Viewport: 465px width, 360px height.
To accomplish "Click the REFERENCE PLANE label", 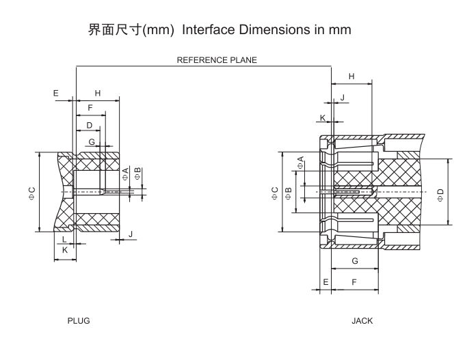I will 217,60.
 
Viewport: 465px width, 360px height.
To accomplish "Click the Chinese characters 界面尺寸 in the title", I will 114,30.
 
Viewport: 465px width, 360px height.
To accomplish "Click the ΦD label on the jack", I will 440,195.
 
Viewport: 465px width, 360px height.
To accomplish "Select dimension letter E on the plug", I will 56,93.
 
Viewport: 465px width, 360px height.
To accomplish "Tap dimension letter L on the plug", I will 64,240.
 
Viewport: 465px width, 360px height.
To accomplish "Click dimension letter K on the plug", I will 65,251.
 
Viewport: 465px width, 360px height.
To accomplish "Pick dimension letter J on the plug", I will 131,234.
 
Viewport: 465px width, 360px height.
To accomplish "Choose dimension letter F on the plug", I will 90,108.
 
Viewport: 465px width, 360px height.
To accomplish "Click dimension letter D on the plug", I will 89,125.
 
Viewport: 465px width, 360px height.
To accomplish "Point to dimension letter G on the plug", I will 91,141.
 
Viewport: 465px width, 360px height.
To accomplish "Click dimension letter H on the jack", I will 351,77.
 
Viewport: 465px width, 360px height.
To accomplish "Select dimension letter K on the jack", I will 323,118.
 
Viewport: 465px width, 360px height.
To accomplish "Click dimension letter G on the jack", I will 354,262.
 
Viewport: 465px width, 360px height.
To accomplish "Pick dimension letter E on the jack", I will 325,281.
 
